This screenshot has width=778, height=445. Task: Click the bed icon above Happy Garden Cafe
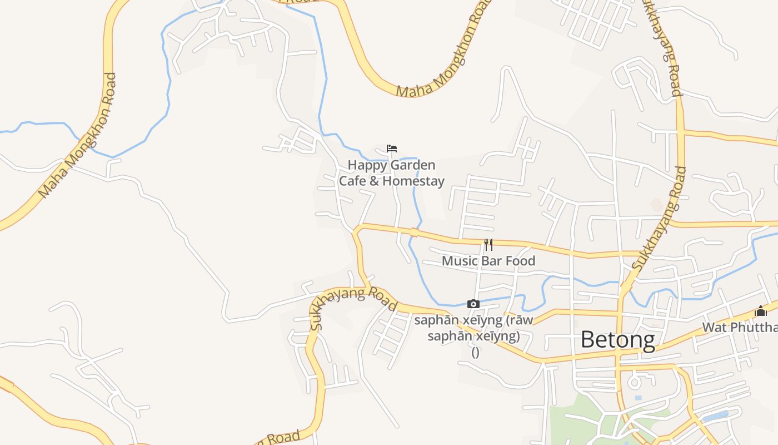pyautogui.click(x=392, y=149)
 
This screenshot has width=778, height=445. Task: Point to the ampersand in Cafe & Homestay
pyautogui.click(x=374, y=181)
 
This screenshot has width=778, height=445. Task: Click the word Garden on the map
pyautogui.click(x=413, y=165)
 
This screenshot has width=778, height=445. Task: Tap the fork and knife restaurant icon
pyautogui.click(x=488, y=244)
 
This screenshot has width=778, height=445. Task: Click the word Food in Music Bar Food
pyautogui.click(x=520, y=261)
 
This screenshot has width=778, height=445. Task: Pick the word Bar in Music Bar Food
pyautogui.click(x=490, y=261)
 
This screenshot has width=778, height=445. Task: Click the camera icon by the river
pyautogui.click(x=473, y=304)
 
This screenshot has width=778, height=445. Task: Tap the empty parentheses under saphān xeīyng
pyautogui.click(x=475, y=352)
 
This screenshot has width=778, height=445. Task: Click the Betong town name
pyautogui.click(x=617, y=339)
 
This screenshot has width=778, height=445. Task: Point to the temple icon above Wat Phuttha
pyautogui.click(x=760, y=311)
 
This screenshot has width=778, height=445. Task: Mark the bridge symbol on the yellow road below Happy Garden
pyautogui.click(x=413, y=232)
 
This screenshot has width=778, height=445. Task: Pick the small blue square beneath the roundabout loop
pyautogui.click(x=637, y=398)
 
